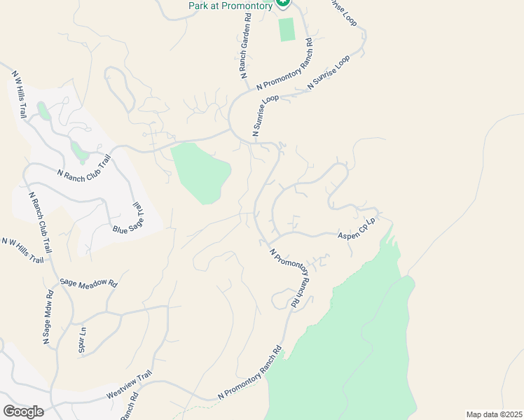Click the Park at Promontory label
point(230,6)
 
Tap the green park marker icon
point(282,3)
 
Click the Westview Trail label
point(129,386)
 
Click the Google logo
point(23,411)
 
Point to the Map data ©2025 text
point(494,414)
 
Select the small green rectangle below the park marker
point(287,30)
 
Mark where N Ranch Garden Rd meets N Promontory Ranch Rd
point(249,89)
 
